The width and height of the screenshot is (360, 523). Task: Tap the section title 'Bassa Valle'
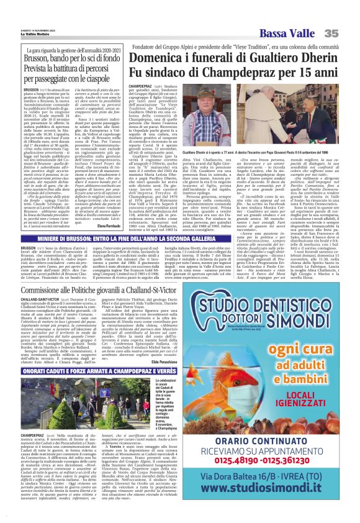coord(304,15)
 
